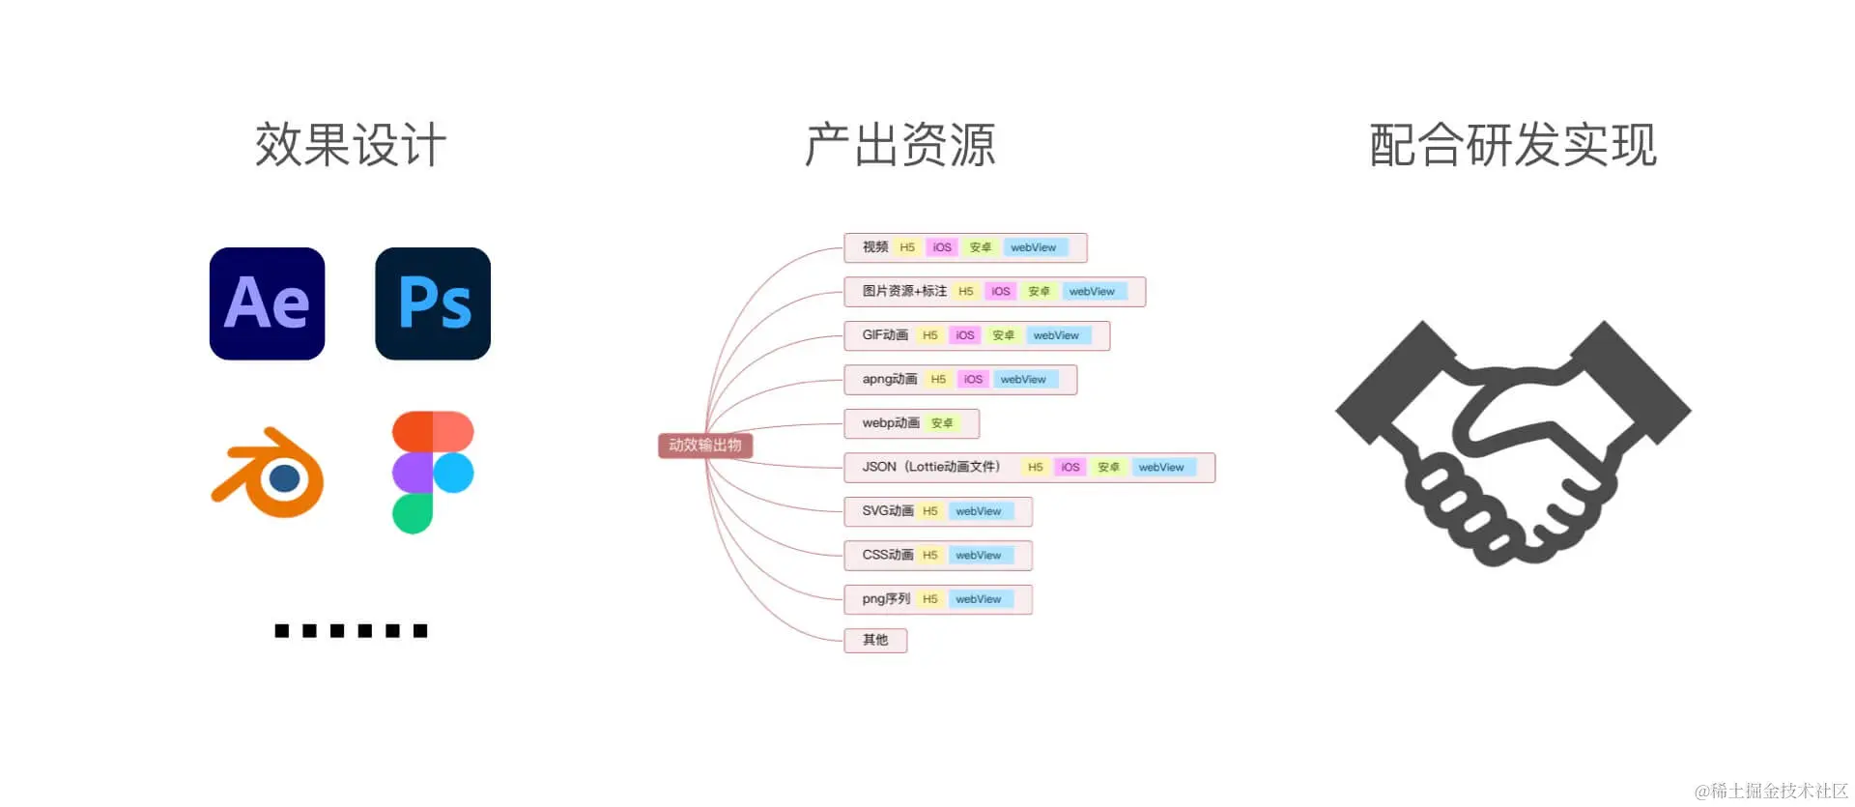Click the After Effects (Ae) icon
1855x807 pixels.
coord(267,303)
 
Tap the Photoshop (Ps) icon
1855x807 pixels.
coord(433,303)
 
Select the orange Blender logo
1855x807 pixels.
coord(269,473)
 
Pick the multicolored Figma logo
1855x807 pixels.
coord(432,472)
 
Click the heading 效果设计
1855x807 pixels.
coord(351,146)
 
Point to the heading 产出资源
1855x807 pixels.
coord(899,146)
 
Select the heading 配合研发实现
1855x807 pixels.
coord(1512,146)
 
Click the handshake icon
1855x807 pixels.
coord(1512,442)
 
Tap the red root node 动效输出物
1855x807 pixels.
coord(705,446)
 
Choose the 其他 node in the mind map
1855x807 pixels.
coord(875,640)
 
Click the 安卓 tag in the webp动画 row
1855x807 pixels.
coord(942,423)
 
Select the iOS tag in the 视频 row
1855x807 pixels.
coord(942,247)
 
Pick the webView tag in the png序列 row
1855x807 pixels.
coord(979,599)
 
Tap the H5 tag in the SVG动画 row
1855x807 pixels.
coord(930,511)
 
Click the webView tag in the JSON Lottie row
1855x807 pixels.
coord(1161,468)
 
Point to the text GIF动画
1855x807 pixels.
coord(885,335)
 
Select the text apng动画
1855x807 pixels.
coord(890,379)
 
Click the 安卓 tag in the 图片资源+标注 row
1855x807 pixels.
coord(1039,292)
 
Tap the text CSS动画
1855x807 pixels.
coord(888,555)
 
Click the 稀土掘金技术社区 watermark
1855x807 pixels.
coord(1772,791)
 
